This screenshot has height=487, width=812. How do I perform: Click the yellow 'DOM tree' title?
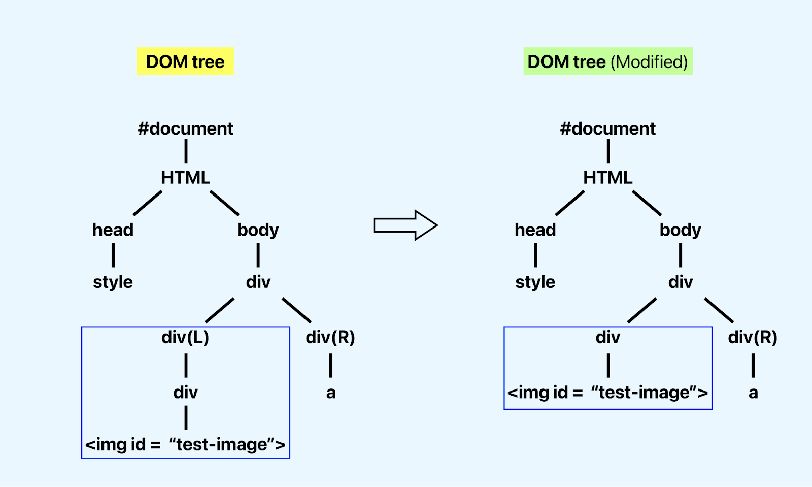coord(185,61)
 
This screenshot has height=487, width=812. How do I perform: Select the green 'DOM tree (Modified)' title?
coord(608,61)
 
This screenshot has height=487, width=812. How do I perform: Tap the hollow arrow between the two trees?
coord(405,225)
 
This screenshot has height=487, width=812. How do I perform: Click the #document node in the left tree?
coord(185,128)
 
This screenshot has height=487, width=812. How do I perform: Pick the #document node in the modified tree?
coord(607,128)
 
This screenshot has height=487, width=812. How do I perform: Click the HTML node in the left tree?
coord(185,178)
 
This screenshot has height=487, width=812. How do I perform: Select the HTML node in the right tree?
coord(607,178)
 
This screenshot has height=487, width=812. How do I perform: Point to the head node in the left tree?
coord(113,230)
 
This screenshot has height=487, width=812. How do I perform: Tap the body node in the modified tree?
coord(680,230)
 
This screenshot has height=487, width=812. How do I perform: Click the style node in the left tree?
coord(113,282)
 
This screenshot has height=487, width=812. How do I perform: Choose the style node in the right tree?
coord(535,282)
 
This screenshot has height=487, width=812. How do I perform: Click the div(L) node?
coord(185,337)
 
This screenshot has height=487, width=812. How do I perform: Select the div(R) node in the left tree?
coord(330,337)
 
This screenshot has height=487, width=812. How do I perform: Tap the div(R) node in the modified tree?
coord(753,337)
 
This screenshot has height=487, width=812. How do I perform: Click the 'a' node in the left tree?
coord(331,393)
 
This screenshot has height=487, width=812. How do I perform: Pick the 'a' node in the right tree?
coord(753,393)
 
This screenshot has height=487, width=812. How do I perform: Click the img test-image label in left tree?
coord(185,445)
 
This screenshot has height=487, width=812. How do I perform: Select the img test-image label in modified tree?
coord(607,393)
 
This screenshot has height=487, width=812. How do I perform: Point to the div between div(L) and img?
coord(185,393)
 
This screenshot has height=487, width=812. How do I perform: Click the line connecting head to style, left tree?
coord(113,255)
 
